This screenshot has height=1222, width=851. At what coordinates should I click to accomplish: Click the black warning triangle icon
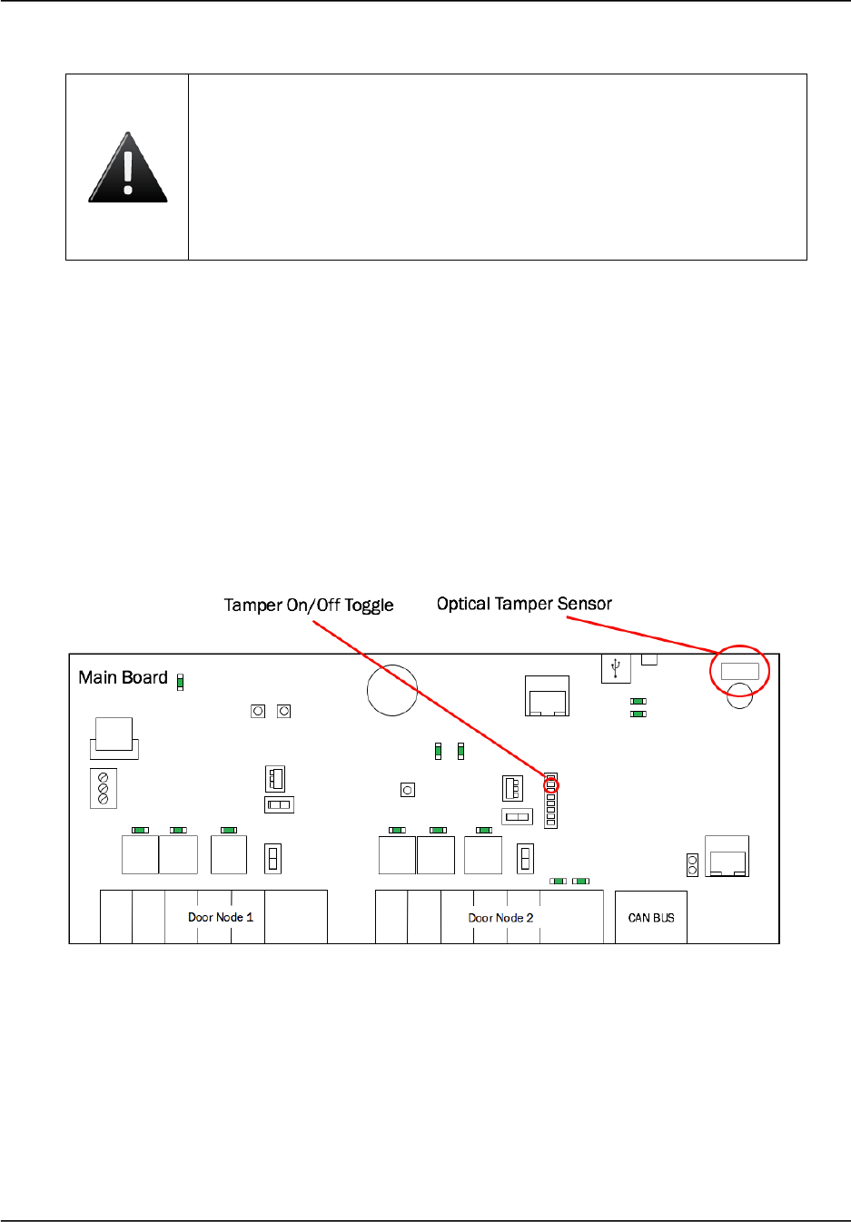(x=128, y=168)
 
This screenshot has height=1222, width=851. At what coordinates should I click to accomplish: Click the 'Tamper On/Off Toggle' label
(x=309, y=606)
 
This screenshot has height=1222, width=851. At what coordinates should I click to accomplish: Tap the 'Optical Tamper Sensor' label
(x=524, y=604)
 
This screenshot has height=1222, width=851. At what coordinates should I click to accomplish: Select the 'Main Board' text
(x=123, y=677)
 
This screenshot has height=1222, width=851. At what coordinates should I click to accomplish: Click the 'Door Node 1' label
(x=221, y=917)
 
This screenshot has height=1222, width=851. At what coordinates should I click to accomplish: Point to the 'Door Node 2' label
(x=500, y=918)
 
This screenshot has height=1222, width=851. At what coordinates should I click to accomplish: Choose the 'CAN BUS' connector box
(x=651, y=918)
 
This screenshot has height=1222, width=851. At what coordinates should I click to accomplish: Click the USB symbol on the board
(x=616, y=668)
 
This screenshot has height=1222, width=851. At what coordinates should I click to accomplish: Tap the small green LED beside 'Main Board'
(x=180, y=682)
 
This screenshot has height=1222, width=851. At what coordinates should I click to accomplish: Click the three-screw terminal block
(x=103, y=788)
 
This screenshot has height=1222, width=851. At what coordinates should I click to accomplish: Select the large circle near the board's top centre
(x=392, y=690)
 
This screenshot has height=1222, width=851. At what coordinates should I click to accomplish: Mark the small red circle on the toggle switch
(x=550, y=785)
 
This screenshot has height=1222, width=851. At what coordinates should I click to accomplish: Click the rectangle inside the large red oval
(x=739, y=671)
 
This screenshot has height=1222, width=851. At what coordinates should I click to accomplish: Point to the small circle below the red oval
(x=740, y=697)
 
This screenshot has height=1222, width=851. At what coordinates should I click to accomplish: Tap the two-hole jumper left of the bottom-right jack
(x=692, y=864)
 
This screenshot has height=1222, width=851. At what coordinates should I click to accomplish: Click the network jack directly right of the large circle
(x=547, y=696)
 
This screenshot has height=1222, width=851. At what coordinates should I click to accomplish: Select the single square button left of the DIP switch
(x=408, y=790)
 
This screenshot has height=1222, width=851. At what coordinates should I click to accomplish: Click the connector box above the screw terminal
(x=114, y=737)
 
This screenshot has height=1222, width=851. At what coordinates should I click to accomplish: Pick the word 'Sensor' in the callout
(x=585, y=604)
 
